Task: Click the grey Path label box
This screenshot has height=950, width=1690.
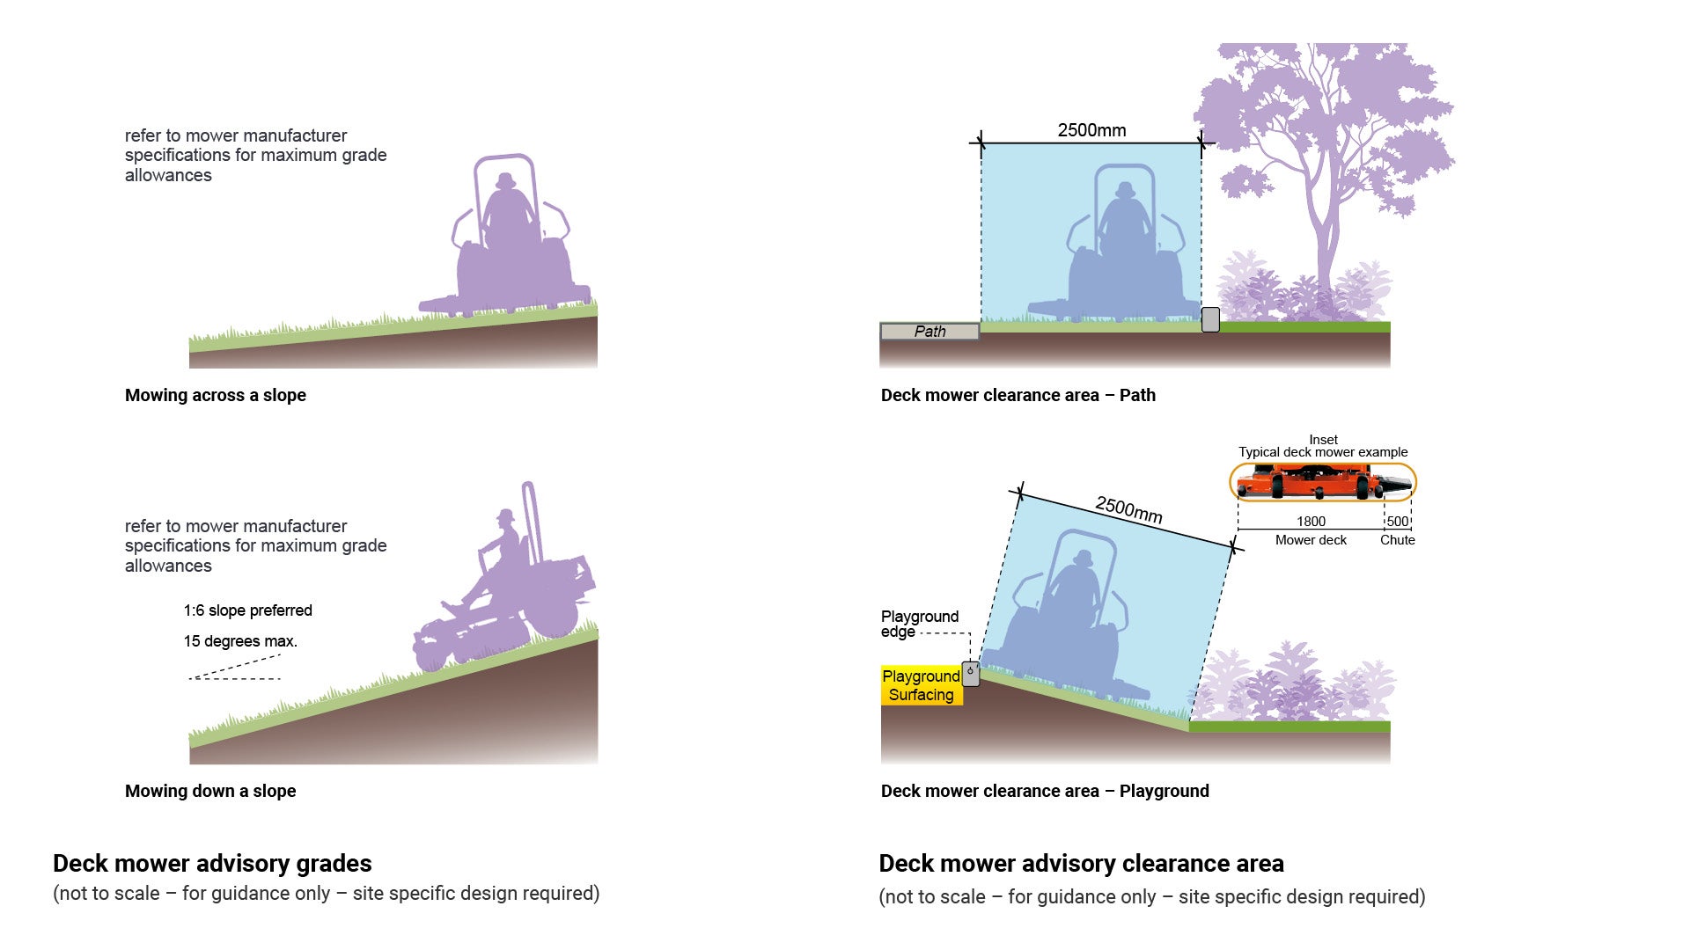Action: pos(929,332)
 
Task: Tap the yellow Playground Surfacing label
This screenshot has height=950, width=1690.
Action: pos(922,685)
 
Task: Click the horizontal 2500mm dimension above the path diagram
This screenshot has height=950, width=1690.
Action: pos(1091,130)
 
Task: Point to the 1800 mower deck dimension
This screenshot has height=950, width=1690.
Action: pos(1311,522)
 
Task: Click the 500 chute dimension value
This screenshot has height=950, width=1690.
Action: pos(1398,522)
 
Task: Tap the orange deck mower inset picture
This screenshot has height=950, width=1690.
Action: pos(1323,483)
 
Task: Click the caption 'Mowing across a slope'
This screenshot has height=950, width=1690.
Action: pos(216,396)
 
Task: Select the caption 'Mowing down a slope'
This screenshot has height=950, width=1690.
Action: pos(210,792)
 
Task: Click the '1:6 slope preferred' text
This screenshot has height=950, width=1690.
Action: pos(248,610)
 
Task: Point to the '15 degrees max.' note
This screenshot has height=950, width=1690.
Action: pos(240,641)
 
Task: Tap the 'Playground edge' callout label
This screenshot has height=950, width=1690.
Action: pos(920,624)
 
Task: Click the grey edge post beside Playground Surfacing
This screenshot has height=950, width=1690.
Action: pos(971,674)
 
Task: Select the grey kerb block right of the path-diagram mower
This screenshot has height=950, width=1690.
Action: pos(1210,319)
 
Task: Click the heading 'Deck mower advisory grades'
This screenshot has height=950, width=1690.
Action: pos(212,864)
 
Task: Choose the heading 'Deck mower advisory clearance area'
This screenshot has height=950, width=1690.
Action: pos(1082,864)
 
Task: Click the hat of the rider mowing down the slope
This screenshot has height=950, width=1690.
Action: pos(505,515)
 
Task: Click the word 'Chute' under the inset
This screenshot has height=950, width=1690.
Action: pos(1398,540)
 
